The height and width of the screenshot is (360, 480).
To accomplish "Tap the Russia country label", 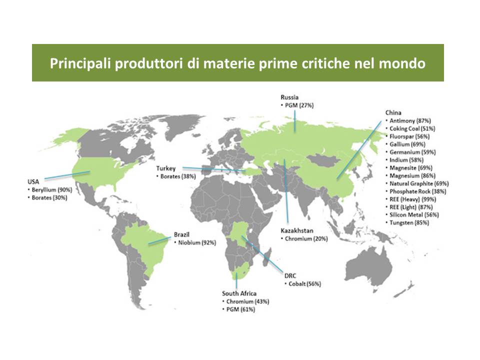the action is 289,97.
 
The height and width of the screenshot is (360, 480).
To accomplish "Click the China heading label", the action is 393,112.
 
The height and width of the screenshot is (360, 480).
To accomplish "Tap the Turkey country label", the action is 166,168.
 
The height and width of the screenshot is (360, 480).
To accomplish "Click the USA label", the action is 33,182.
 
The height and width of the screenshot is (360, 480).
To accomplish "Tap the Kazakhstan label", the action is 296,231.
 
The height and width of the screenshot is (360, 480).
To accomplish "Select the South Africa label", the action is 239,293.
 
